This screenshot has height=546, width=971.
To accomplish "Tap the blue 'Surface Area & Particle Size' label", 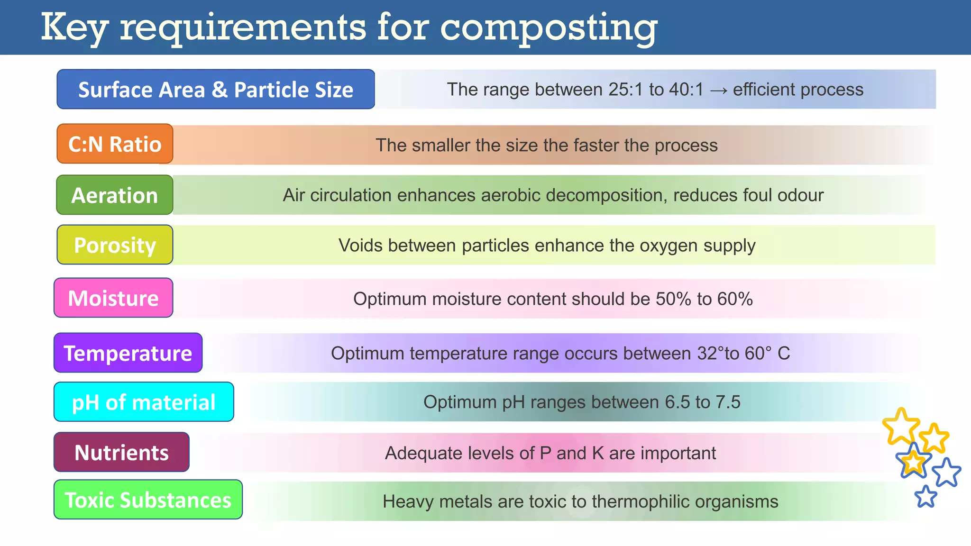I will click(x=216, y=90).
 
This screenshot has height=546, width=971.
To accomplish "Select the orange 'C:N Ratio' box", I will click(x=115, y=144).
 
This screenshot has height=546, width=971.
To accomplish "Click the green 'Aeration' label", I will click(x=115, y=195).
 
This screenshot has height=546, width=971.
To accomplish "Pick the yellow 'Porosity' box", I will click(x=115, y=245).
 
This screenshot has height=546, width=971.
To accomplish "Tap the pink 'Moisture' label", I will click(x=113, y=298).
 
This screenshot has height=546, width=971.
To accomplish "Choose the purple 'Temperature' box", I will click(x=128, y=353).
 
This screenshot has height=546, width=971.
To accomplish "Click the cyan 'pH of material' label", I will click(x=144, y=402).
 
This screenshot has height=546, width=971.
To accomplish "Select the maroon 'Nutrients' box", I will click(x=121, y=453).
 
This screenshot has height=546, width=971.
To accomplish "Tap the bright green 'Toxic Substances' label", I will click(x=148, y=500).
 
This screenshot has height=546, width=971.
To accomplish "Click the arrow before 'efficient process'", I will click(x=718, y=90).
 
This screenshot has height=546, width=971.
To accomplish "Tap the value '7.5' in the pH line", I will click(x=728, y=402).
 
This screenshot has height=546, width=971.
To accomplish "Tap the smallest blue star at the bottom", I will click(x=925, y=497).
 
